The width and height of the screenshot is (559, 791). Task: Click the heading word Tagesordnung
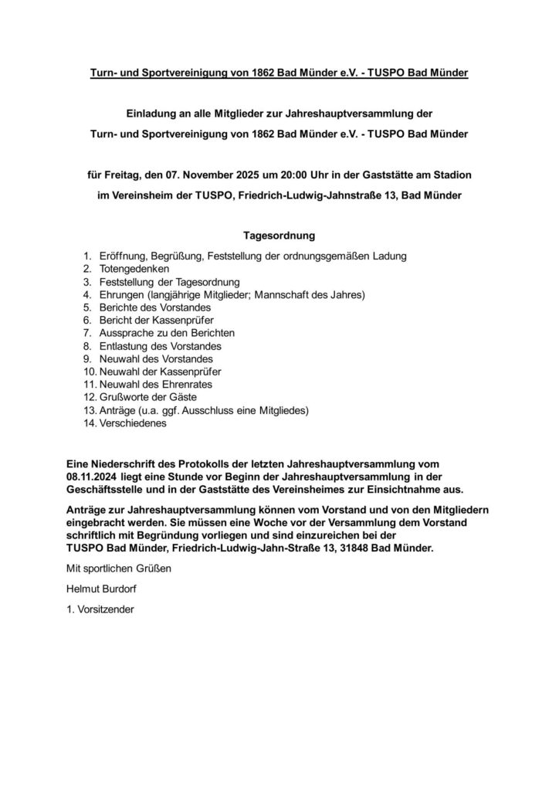pos(279,233)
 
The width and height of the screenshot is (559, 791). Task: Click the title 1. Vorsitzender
pos(101,609)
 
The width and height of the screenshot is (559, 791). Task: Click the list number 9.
pos(87,358)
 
